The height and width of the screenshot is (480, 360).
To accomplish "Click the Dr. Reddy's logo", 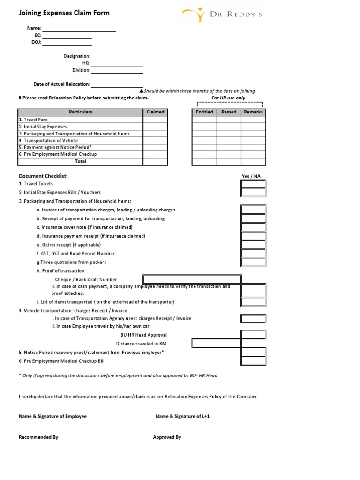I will point(222,14).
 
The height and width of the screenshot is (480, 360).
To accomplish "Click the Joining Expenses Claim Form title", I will point(64,13).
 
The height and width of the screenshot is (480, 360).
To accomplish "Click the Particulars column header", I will point(81,112).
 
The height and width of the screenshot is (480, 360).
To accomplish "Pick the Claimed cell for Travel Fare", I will point(155,120).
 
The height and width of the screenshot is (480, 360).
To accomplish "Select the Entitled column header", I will point(204,112).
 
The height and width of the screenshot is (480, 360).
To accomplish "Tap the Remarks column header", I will point(253,112).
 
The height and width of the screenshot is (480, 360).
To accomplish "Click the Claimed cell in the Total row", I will point(155,161).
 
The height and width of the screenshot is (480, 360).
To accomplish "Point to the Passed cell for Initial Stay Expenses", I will point(229,127).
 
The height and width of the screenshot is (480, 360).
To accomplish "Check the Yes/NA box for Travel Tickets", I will point(253,184).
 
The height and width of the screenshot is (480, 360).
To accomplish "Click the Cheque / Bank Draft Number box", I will point(192,279).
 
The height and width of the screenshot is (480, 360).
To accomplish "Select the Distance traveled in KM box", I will point(217,343).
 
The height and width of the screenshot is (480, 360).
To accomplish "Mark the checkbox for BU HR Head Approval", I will point(253,335).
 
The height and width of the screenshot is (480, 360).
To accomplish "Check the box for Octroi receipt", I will point(253,245).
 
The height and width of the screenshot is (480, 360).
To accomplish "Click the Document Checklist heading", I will point(43,176).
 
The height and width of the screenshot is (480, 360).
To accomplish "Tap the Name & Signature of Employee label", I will point(52,416).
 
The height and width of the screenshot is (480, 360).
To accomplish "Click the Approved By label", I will point(167,437).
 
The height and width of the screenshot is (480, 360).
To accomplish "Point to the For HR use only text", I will point(229,98).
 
